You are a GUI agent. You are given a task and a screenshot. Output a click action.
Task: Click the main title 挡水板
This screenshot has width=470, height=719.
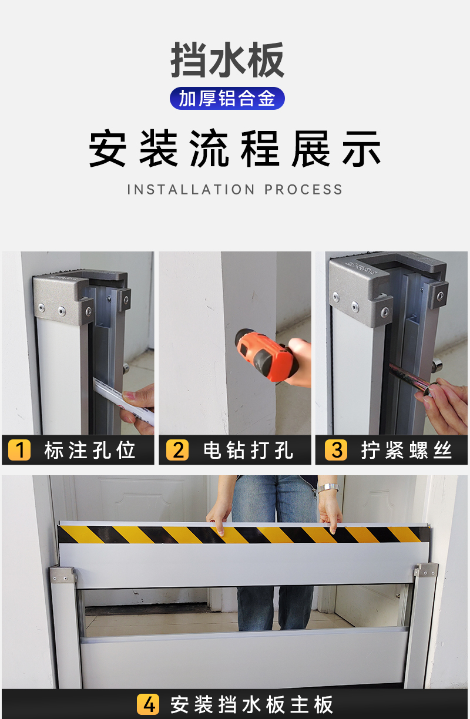click(x=227, y=60)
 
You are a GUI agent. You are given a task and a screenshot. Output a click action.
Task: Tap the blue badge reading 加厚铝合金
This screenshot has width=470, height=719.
click(x=227, y=98)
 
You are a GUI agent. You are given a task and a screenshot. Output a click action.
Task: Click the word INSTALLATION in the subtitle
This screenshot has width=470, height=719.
click(x=192, y=189)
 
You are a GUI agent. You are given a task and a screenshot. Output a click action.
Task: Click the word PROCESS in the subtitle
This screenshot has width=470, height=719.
click(x=303, y=189)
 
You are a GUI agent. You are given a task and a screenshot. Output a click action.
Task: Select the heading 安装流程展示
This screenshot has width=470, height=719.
click(x=235, y=149)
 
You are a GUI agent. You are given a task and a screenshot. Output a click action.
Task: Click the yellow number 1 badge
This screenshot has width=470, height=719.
click(x=19, y=450)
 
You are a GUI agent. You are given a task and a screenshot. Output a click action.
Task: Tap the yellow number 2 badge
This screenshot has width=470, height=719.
click(x=177, y=450)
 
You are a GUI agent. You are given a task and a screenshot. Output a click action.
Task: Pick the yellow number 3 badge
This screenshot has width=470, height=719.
click(x=336, y=450)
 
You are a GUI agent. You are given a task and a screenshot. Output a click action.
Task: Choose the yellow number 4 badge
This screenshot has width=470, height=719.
click(x=148, y=704)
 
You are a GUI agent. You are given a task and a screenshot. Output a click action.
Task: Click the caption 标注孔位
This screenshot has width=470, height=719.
click(x=89, y=450)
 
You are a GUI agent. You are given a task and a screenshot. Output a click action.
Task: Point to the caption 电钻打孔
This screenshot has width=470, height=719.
click(x=248, y=450)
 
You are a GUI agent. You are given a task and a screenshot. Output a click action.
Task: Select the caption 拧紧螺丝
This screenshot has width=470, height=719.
click(x=407, y=450)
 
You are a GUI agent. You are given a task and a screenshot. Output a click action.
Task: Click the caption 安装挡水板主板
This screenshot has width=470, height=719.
click(x=251, y=704)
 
